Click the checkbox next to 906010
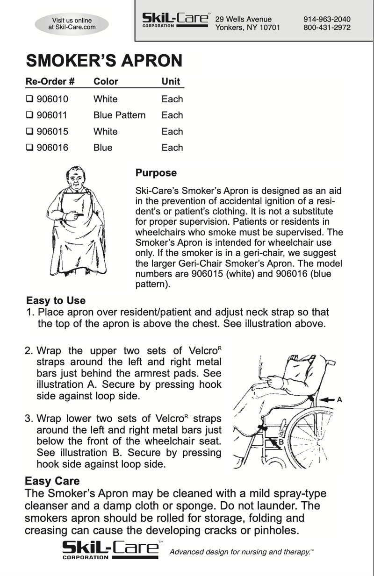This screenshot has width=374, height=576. (29, 99)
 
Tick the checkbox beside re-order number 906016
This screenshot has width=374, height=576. (29, 148)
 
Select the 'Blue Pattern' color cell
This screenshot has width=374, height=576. (119, 115)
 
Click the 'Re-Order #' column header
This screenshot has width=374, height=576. (50, 81)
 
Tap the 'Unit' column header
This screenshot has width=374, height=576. (171, 81)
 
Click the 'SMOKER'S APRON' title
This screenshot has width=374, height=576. (103, 61)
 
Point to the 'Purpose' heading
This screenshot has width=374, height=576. (156, 173)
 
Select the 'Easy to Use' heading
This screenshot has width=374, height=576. (56, 300)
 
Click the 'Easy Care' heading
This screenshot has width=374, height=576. (52, 481)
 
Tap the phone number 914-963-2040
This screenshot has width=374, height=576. (327, 19)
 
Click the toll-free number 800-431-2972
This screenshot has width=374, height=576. (327, 28)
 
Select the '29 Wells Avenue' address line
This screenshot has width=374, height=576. (243, 19)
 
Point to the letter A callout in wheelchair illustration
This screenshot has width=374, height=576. (340, 399)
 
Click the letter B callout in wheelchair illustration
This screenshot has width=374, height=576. (281, 442)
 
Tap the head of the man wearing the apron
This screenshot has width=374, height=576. (75, 179)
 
